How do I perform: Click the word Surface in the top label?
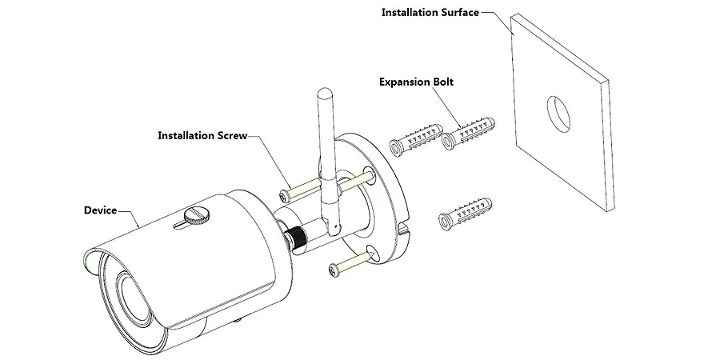point(460,12)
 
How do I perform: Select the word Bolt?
point(443,82)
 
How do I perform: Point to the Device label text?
point(100,210)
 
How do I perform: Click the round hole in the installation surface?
point(558,114)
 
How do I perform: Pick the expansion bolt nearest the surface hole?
point(468,133)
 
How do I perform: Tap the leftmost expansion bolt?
point(415,139)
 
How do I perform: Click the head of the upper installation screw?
point(284,196)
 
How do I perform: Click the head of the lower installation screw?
point(334,271)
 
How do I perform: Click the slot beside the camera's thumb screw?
point(182,224)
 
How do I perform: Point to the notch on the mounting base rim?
point(403,227)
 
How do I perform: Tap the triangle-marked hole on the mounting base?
point(371,254)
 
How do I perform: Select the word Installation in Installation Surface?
point(410,12)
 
